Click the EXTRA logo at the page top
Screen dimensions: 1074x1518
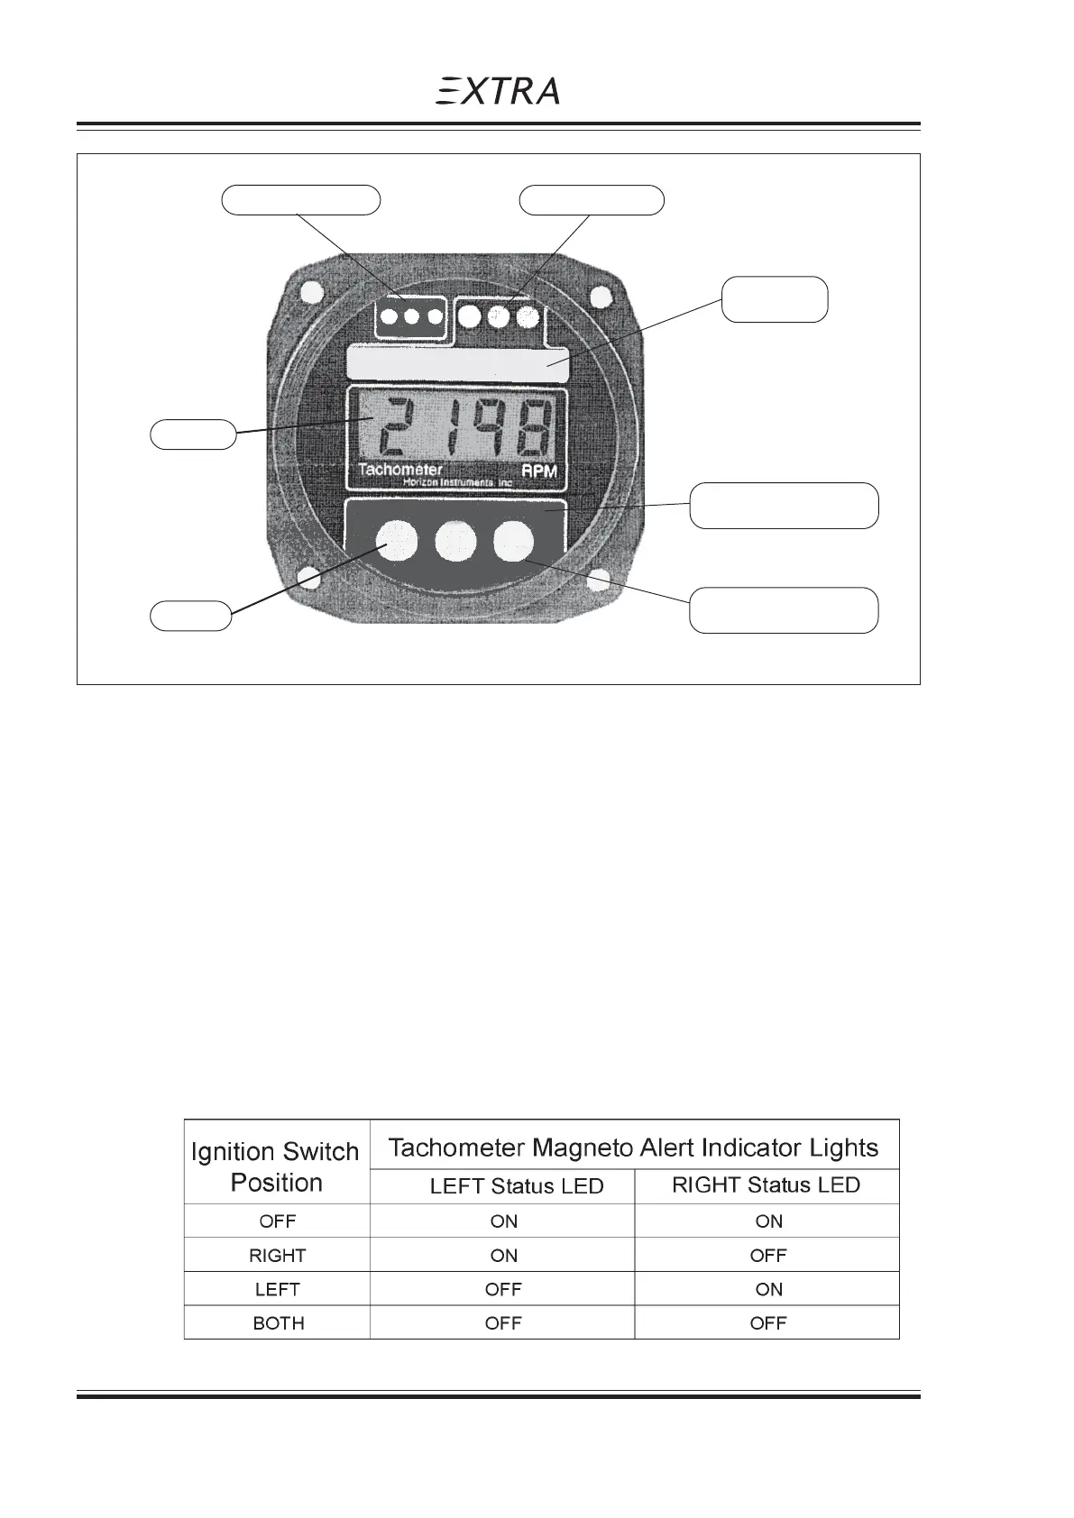pyautogui.click(x=498, y=90)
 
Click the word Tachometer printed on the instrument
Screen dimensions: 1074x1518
pyautogui.click(x=399, y=470)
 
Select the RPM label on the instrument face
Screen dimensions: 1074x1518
pyautogui.click(x=539, y=471)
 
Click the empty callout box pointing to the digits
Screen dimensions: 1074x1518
pyautogui.click(x=192, y=434)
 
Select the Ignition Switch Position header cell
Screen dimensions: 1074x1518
pyautogui.click(x=276, y=1166)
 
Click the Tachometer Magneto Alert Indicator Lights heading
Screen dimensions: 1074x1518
pyautogui.click(x=633, y=1148)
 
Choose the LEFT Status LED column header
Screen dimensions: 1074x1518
pyautogui.click(x=517, y=1186)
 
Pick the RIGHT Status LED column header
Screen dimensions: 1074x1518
pyautogui.click(x=766, y=1185)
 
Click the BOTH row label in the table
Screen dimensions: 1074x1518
pyautogui.click(x=279, y=1323)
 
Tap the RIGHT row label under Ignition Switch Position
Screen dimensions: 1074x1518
pyautogui.click(x=278, y=1255)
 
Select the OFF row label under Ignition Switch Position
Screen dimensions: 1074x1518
pyautogui.click(x=278, y=1221)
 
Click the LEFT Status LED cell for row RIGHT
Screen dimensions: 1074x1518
pyautogui.click(x=504, y=1255)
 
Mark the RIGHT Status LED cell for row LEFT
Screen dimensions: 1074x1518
pyautogui.click(x=769, y=1289)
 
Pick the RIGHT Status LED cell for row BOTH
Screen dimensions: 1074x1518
pyautogui.click(x=768, y=1323)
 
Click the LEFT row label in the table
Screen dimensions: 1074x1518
pyautogui.click(x=278, y=1289)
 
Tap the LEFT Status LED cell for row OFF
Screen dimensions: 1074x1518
pyautogui.click(x=504, y=1221)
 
